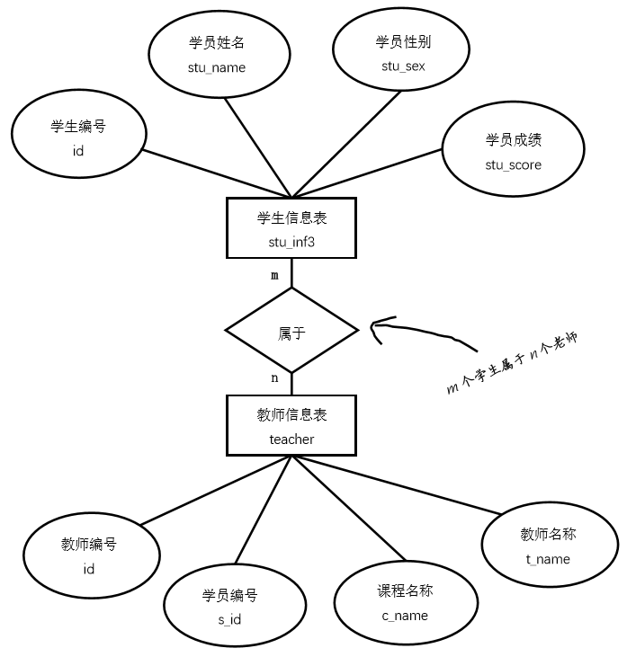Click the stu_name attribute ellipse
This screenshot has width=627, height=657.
[217, 55]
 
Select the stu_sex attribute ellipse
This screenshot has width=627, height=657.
[396, 54]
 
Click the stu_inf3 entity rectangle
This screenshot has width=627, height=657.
[291, 228]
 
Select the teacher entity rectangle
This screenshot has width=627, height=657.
[291, 425]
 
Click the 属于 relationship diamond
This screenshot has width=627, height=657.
[291, 332]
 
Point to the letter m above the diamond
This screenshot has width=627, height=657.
[275, 275]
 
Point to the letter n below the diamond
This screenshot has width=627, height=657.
[274, 378]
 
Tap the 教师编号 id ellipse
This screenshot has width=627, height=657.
[88, 555]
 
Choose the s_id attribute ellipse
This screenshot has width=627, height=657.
[229, 607]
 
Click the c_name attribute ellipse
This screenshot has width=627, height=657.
[405, 603]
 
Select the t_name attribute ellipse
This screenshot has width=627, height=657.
[548, 546]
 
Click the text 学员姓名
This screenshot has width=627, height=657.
[217, 42]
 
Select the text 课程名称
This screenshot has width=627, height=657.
[405, 590]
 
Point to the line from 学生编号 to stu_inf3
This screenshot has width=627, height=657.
[216, 173]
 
